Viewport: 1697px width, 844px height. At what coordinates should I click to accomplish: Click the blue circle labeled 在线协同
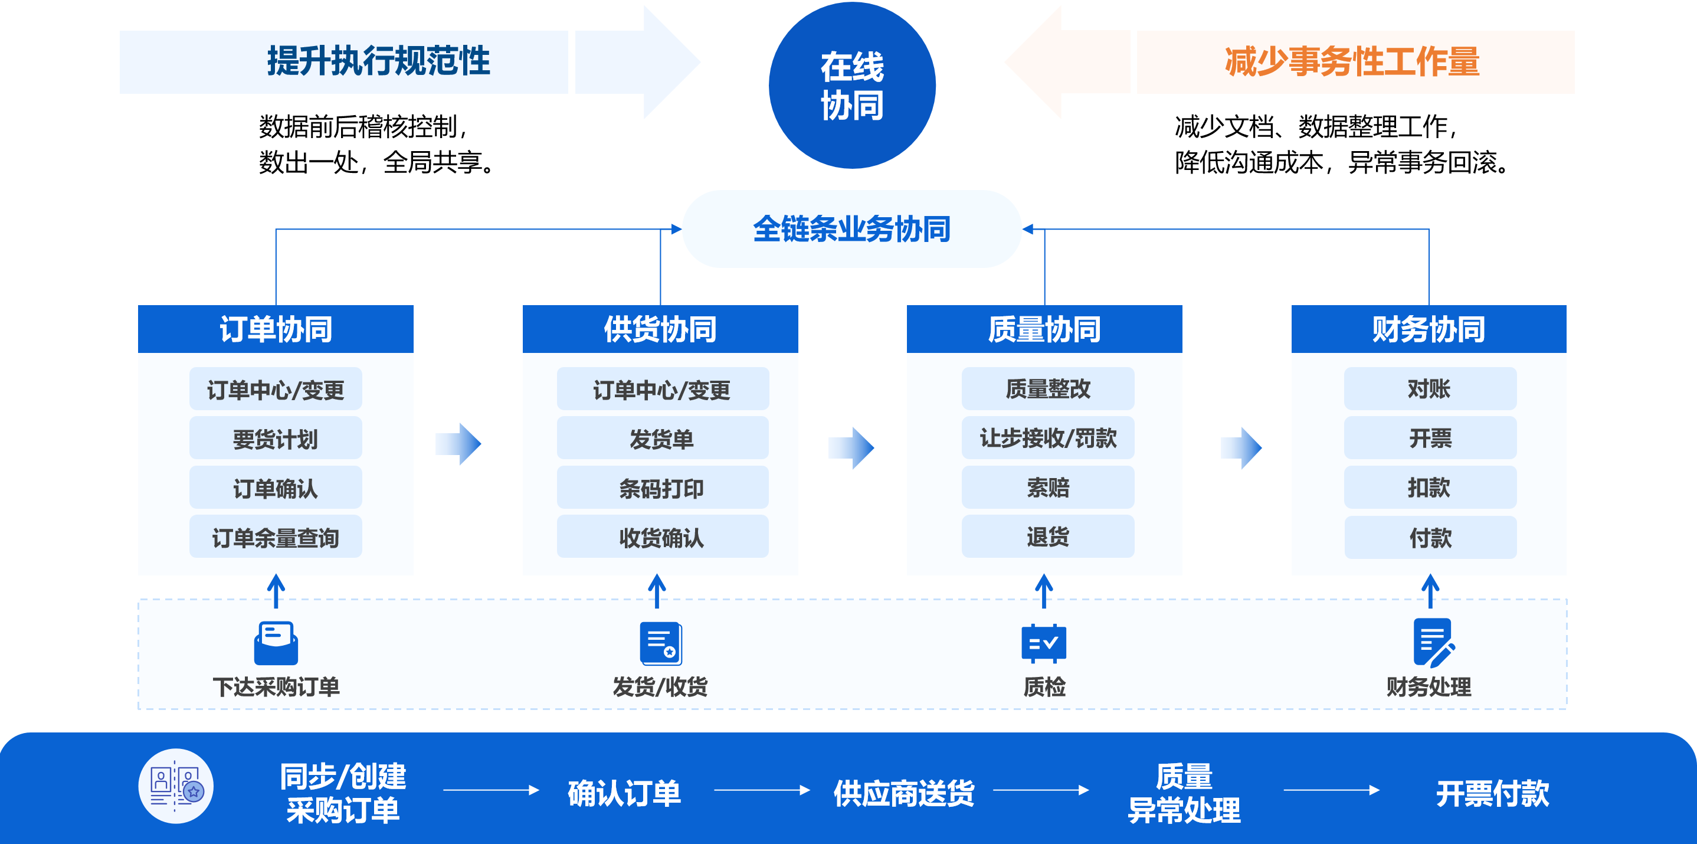pos(852,86)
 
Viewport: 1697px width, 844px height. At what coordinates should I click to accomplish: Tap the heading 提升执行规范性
pos(378,61)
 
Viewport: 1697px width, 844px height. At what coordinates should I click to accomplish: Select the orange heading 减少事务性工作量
pos(1352,61)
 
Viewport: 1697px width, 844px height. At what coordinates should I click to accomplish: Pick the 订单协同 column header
pos(276,329)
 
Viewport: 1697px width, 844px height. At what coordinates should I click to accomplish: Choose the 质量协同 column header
pos(1044,329)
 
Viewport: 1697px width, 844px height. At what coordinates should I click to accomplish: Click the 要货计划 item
pos(276,438)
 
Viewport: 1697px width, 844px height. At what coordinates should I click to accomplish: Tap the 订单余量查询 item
pos(276,537)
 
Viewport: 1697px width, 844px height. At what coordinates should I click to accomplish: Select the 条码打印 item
pos(662,488)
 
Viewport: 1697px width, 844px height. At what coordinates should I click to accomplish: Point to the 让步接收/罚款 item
pos(1047,438)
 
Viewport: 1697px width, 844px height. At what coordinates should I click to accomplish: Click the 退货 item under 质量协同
pos(1047,537)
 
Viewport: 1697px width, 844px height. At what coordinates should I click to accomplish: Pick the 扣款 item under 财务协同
pos(1430,488)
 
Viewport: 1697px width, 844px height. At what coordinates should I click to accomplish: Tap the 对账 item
pos(1430,389)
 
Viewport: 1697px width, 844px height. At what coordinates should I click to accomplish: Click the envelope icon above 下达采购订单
pos(276,643)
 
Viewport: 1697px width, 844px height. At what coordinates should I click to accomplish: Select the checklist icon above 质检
pos(1043,643)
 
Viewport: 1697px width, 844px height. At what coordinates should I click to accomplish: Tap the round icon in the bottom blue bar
pos(176,786)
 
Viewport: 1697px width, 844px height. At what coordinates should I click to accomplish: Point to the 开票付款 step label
pos(1492,793)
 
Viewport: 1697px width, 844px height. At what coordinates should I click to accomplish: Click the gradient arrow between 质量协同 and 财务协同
pos(1241,448)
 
